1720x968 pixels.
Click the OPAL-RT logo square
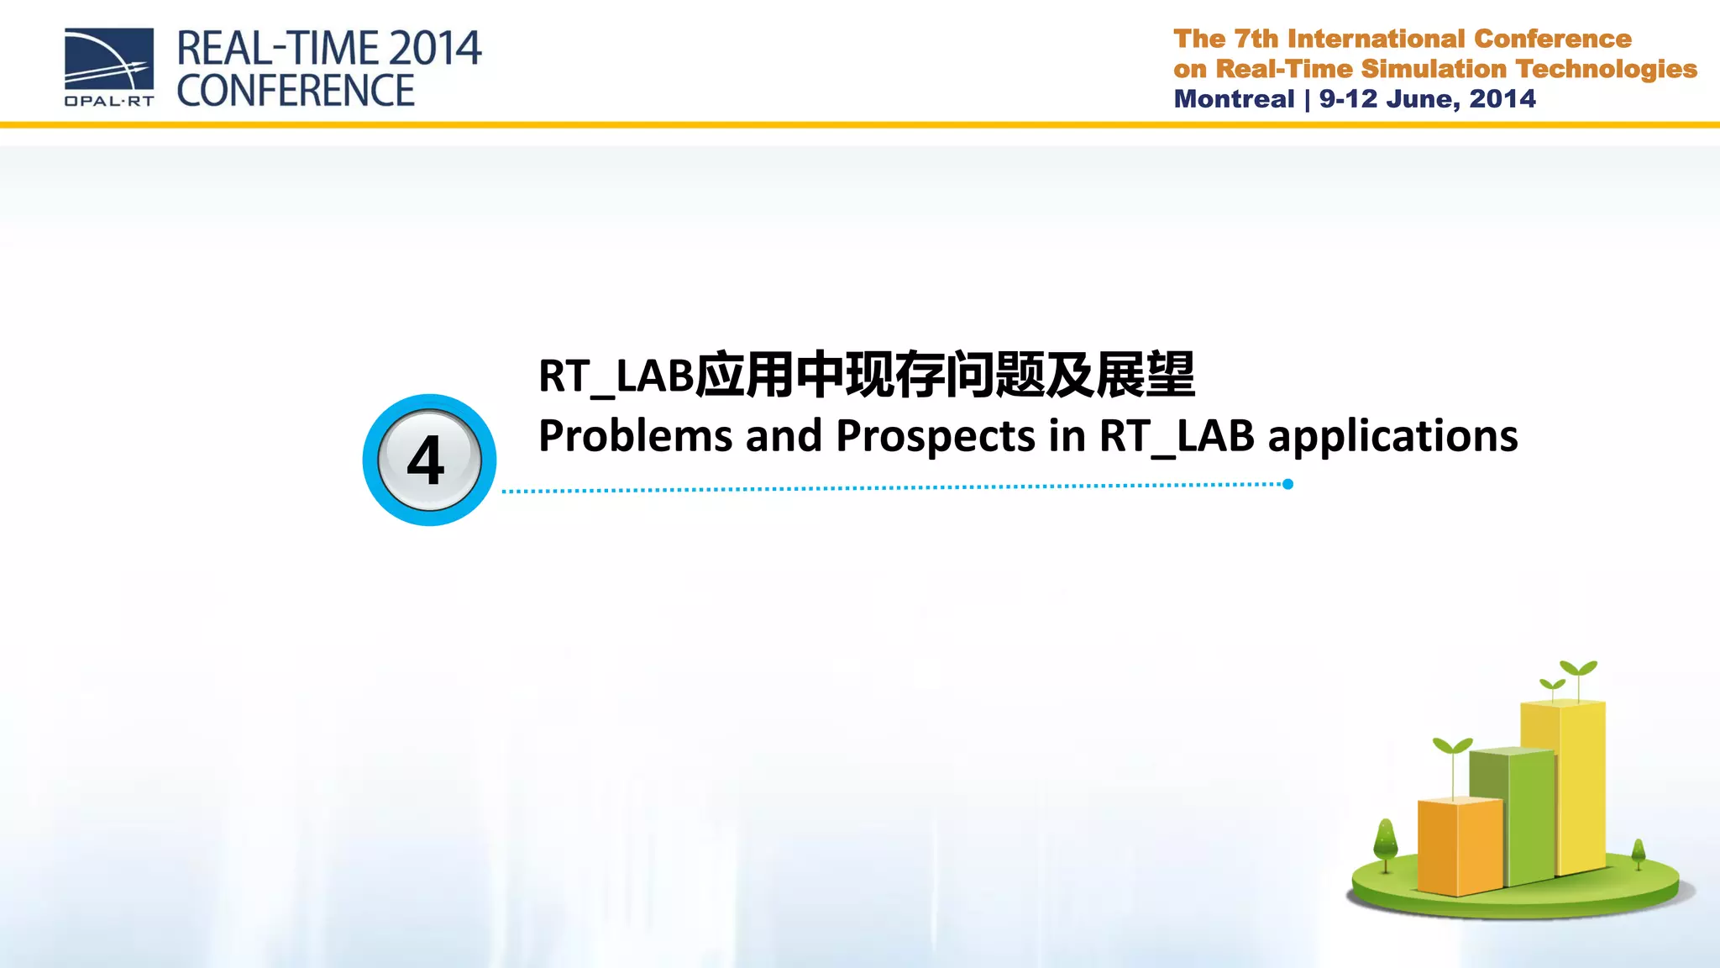click(x=109, y=60)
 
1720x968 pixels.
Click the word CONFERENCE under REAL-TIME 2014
click(x=296, y=91)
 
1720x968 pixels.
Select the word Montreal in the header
click(x=1234, y=99)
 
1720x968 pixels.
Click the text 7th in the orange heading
click(x=1256, y=39)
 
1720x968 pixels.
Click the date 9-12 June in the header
click(x=1389, y=99)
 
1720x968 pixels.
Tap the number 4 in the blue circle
click(x=427, y=460)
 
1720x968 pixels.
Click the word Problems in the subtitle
click(x=635, y=436)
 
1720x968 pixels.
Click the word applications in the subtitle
click(x=1392, y=436)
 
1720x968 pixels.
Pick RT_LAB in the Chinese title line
click(x=616, y=376)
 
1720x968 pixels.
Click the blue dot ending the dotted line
click(x=1287, y=484)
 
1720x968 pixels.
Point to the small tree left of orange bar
click(x=1385, y=841)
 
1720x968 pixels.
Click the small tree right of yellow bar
click(x=1638, y=852)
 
